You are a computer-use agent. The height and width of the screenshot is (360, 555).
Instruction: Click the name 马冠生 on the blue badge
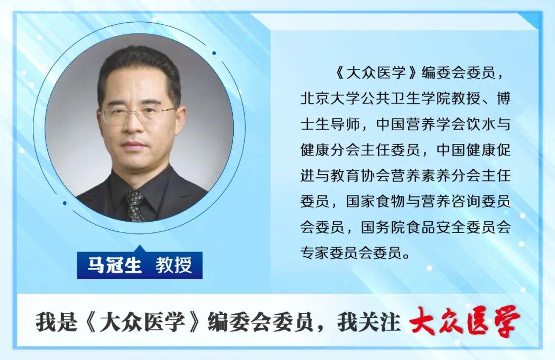click(114, 265)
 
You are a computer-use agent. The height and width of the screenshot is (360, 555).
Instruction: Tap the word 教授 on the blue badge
click(174, 265)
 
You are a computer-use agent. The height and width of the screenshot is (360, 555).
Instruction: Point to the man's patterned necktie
click(135, 206)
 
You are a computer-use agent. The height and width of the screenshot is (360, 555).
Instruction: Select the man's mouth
click(134, 145)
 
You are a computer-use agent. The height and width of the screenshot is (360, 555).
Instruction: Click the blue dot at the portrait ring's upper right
click(214, 53)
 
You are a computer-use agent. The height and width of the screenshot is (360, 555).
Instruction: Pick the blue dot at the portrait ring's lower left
click(64, 203)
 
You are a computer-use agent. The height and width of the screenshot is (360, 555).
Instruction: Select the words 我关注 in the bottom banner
click(369, 322)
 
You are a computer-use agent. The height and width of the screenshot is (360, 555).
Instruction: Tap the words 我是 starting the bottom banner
click(57, 322)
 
